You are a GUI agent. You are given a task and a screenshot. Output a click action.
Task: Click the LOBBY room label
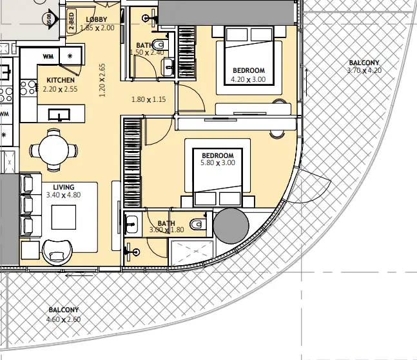coord(97,19)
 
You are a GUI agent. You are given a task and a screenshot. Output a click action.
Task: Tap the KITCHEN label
coord(61,80)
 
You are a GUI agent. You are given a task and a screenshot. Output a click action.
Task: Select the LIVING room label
coord(64,187)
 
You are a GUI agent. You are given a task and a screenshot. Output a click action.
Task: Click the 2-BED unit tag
coord(72,21)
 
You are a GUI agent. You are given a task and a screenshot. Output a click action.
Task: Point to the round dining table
coord(53,150)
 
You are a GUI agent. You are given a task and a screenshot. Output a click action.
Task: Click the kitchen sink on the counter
coord(59,114)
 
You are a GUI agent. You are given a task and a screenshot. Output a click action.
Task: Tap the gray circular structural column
coord(231,226)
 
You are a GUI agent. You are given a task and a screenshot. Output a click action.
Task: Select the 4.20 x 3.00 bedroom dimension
coord(248,79)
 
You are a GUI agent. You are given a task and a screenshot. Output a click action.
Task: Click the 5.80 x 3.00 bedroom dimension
coord(218,163)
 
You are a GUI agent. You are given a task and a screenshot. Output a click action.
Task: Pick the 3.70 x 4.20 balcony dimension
coord(364,70)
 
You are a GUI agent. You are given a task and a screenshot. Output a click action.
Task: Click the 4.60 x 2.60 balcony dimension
coord(63,319)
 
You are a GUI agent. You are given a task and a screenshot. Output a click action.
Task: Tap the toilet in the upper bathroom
coord(161,45)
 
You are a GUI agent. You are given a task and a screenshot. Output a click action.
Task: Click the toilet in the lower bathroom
coord(199,225)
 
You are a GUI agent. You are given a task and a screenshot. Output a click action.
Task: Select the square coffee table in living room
coord(64,217)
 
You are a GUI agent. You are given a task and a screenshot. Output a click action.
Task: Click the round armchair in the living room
coord(57,252)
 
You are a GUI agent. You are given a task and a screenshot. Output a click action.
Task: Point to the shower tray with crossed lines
coord(191,252)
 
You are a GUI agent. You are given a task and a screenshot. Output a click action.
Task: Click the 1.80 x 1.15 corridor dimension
coord(149,99)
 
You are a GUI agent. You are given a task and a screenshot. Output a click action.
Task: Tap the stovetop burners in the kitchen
coord(28,88)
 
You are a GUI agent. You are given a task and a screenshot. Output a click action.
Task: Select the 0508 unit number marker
coord(50,19)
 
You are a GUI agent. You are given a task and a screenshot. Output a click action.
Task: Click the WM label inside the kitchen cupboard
coord(48,56)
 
